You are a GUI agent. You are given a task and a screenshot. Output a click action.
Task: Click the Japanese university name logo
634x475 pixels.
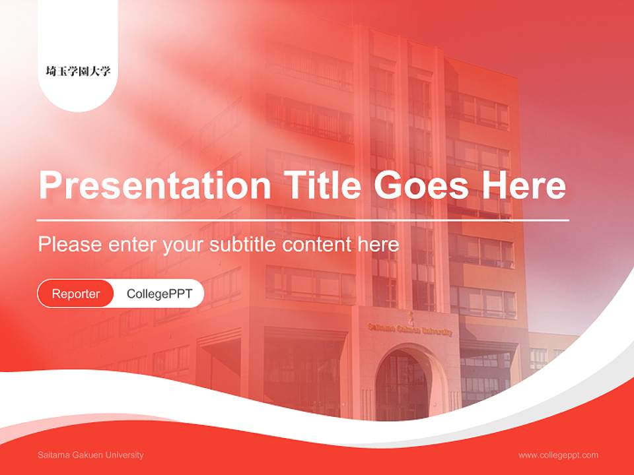[78, 71]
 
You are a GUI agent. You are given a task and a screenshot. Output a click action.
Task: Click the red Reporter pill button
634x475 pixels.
[76, 294]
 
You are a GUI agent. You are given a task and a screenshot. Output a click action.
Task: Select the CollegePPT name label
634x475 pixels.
[159, 294]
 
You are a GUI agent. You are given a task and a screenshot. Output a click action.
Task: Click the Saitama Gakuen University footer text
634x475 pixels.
[90, 455]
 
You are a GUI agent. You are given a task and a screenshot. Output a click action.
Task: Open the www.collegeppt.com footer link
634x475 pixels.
[558, 455]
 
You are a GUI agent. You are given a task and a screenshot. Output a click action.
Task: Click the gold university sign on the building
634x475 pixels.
[410, 328]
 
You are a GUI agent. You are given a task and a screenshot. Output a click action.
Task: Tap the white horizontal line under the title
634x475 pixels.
[302, 220]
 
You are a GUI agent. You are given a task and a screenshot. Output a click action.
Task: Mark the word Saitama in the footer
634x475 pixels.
[53, 455]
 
